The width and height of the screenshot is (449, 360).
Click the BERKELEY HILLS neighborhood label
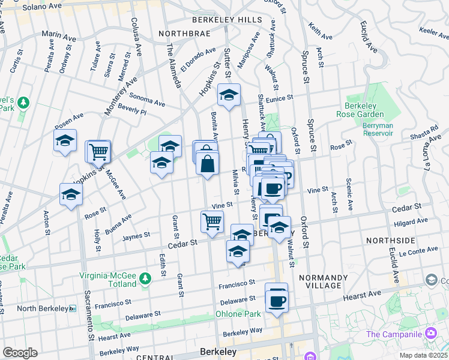227,20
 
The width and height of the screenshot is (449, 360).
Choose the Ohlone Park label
238,314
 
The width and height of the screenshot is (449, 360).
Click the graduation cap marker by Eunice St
229,95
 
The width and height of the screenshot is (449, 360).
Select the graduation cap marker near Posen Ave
65,141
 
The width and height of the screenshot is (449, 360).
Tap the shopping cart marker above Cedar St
211,221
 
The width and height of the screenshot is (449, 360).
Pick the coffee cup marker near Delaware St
277,299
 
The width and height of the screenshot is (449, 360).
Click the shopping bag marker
207,163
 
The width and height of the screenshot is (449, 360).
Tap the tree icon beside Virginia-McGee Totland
145,278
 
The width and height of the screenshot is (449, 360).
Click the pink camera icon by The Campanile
430,334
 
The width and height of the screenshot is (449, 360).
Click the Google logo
20,353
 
